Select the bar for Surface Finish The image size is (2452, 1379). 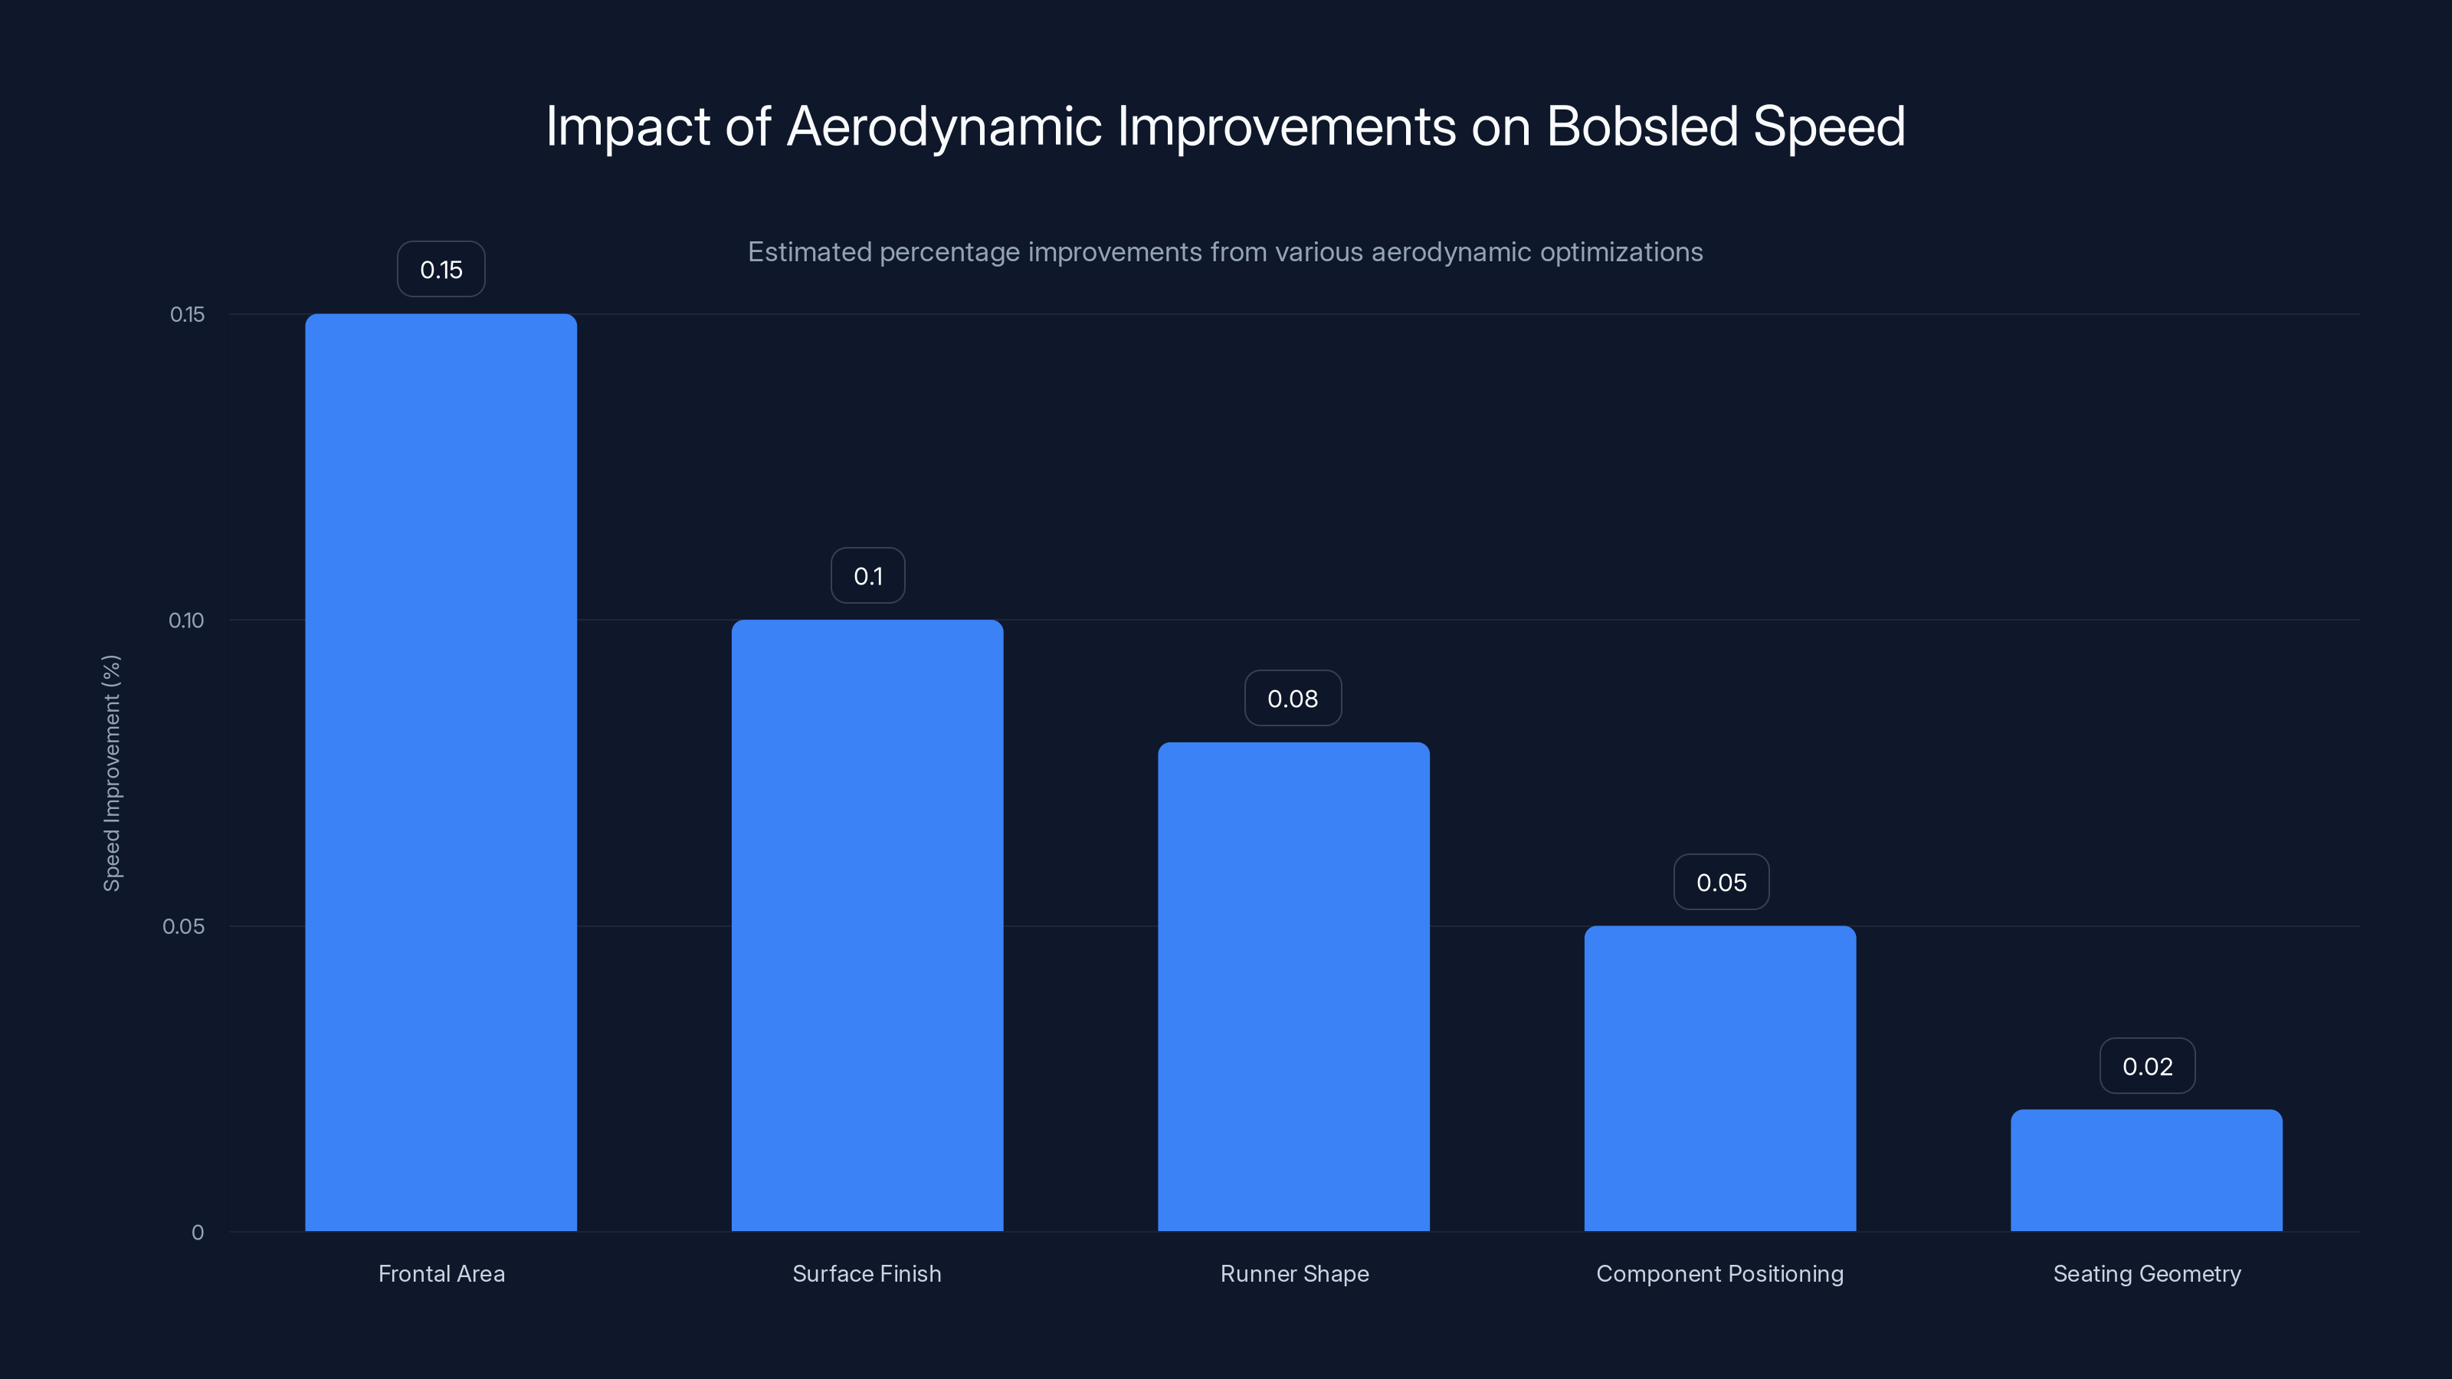click(x=867, y=925)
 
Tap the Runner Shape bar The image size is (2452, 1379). click(x=1293, y=986)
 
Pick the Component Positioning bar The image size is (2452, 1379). click(x=1720, y=1078)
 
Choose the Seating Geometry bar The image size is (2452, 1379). click(x=2146, y=1170)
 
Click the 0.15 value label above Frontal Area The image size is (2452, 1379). click(x=441, y=270)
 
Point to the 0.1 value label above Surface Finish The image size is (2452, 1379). click(x=867, y=576)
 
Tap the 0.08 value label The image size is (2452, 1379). click(x=1293, y=699)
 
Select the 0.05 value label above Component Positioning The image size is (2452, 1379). click(x=1721, y=883)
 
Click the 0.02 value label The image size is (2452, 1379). click(x=2147, y=1066)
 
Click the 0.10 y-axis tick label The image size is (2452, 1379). click(x=186, y=621)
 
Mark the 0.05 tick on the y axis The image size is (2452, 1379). click(x=184, y=926)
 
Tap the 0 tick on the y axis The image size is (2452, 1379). click(x=198, y=1233)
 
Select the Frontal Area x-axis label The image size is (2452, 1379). click(x=441, y=1273)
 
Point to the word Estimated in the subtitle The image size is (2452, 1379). click(x=809, y=252)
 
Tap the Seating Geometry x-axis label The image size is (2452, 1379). click(x=2147, y=1273)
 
